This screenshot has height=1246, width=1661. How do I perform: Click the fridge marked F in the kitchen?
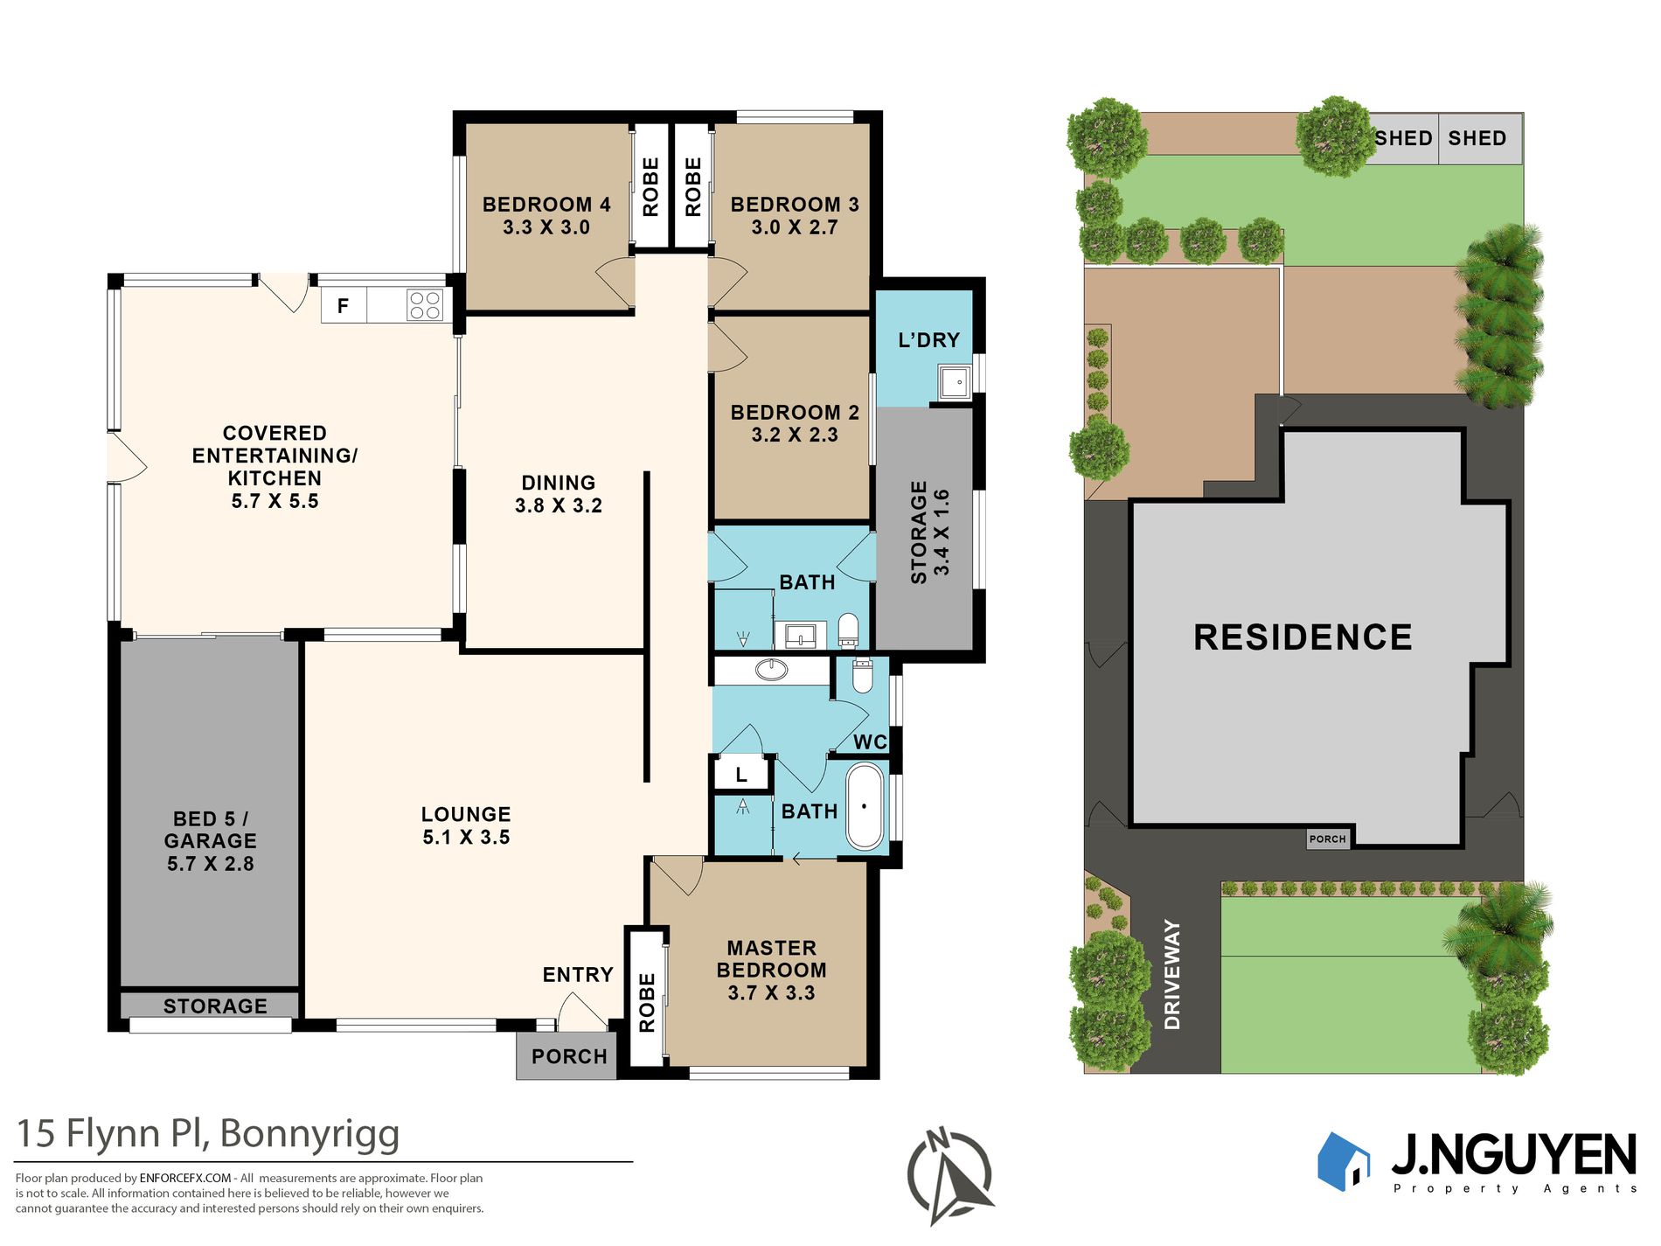coord(344,306)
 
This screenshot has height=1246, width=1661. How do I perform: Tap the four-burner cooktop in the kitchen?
coord(425,306)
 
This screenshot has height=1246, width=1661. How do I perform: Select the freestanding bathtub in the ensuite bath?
coord(865,807)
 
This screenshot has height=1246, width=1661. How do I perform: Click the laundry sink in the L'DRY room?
coord(955,382)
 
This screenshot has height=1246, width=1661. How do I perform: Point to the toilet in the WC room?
coord(862,676)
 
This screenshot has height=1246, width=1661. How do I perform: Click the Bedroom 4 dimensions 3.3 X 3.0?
coord(546,227)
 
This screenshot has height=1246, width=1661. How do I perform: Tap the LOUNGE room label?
coord(466,814)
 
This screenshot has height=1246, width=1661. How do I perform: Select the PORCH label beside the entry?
coord(569,1056)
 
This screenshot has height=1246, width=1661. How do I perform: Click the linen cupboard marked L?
coord(741,775)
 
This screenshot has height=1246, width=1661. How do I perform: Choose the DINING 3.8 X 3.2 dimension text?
coord(559,505)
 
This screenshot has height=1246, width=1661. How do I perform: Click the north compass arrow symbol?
coord(950,1174)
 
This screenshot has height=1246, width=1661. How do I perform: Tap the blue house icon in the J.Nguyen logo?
coord(1344,1161)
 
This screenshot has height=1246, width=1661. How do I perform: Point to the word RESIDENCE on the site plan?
coord(1303,637)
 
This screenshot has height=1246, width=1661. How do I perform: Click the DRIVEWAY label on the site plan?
coord(1172,974)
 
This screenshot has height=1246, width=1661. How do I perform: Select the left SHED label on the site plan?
coord(1404,138)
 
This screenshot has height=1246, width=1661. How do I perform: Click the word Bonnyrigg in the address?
coord(309,1134)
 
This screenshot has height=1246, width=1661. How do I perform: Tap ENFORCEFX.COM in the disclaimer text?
coord(185,1178)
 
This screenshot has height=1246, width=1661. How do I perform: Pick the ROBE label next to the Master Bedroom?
coord(647,1003)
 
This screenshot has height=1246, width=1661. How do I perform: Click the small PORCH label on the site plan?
coord(1328,839)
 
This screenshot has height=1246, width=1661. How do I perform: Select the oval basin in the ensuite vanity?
coord(771,670)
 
